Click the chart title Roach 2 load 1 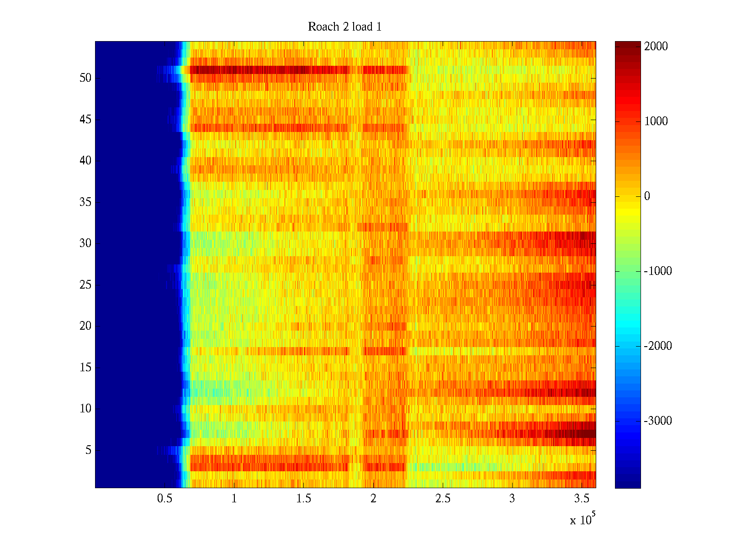(344, 27)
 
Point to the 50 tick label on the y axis (85, 78)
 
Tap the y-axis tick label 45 (85, 120)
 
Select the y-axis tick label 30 (85, 243)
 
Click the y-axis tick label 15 (85, 368)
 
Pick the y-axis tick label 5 (88, 450)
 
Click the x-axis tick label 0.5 (164, 499)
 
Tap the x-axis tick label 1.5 (303, 499)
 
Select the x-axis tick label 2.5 (442, 499)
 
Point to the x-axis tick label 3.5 (581, 499)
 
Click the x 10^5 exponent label (582, 519)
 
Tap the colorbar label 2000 (656, 47)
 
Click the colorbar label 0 (647, 196)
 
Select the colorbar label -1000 (657, 271)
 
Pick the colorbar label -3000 (657, 421)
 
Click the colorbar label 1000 (656, 121)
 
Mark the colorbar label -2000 (657, 346)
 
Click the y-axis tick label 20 (85, 326)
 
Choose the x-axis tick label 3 (512, 499)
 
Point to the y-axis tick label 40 (85, 161)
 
